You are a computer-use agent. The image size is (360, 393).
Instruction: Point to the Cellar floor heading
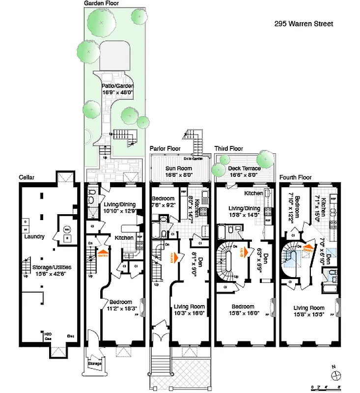27,177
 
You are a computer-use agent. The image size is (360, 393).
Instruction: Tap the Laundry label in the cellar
34,236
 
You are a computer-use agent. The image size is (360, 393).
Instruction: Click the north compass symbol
336,375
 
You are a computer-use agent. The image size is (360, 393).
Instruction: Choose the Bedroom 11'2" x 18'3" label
120,305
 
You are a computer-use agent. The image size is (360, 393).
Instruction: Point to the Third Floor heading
229,148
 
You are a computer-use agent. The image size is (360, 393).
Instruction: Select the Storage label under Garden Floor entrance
95,364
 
